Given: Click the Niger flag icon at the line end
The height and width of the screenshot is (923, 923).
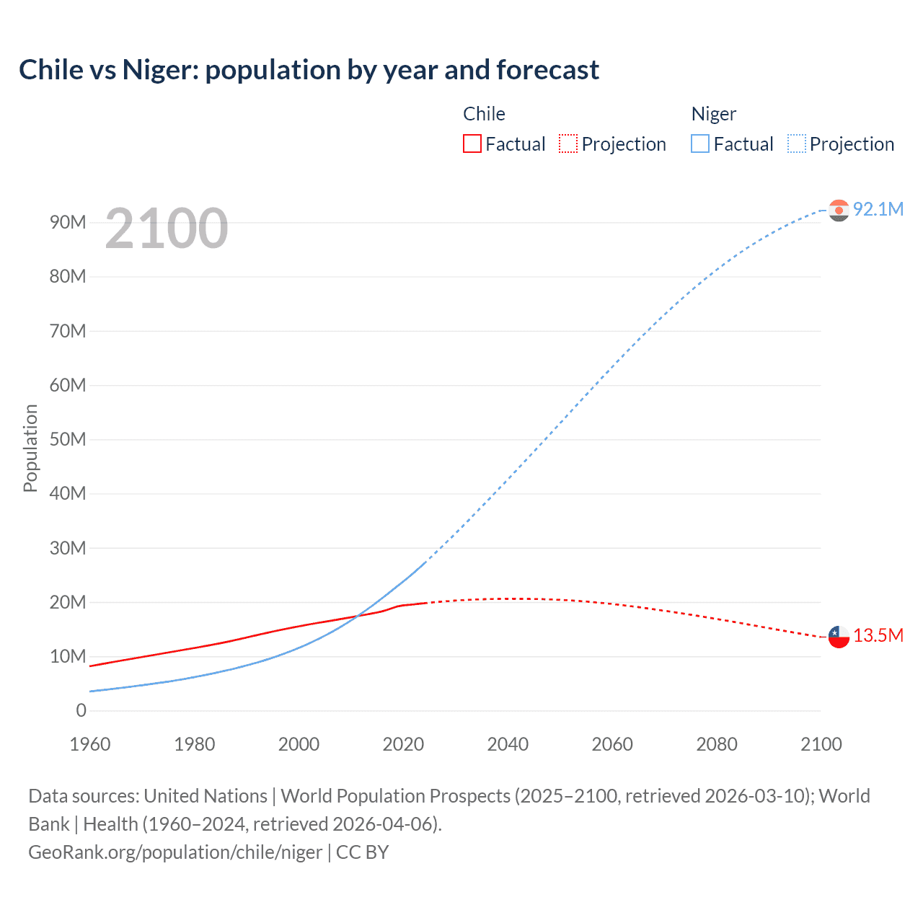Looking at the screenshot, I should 839,210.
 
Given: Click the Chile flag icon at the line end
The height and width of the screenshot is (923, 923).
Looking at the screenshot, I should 839,637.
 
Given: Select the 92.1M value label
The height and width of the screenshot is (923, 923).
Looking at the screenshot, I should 878,209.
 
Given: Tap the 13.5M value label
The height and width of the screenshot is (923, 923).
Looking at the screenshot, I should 878,636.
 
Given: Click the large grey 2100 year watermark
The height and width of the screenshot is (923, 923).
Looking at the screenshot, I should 167,229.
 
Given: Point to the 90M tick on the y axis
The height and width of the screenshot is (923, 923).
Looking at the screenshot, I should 68,222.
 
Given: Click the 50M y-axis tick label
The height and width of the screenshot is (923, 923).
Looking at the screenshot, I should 68,439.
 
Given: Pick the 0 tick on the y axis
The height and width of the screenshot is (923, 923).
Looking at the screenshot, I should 81,710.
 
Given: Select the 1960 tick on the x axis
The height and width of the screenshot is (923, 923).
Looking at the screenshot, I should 90,744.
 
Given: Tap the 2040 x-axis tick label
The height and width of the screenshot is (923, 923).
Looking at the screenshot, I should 508,744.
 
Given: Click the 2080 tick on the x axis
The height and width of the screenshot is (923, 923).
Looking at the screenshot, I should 717,744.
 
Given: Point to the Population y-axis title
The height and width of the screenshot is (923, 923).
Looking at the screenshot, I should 30,448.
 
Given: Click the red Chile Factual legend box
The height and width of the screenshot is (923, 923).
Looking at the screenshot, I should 472,144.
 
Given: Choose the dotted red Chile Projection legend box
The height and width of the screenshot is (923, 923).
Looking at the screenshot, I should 568,144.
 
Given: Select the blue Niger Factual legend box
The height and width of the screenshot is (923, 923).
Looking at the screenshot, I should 700,144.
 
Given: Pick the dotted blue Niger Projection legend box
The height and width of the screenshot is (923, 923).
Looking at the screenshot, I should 797,144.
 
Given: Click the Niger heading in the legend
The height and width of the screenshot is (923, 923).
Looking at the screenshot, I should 714,114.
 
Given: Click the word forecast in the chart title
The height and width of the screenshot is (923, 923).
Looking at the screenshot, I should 547,70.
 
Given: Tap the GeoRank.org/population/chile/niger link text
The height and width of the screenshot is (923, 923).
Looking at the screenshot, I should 175,852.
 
